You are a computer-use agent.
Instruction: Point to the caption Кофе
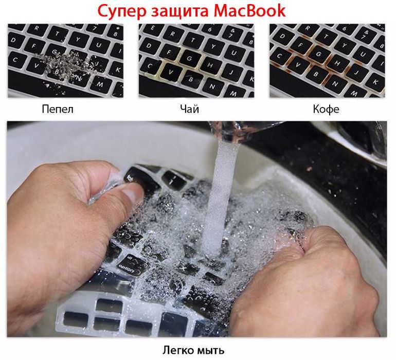[x=326, y=109]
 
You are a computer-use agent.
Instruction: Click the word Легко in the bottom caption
[x=179, y=351]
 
